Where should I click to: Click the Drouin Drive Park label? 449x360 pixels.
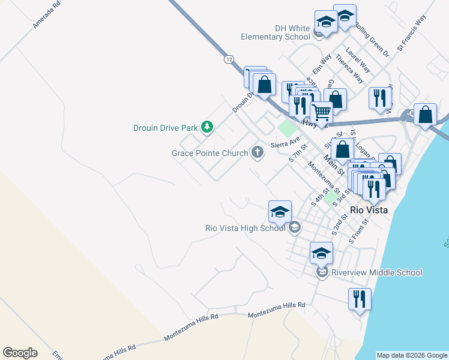pyautogui.click(x=166, y=127)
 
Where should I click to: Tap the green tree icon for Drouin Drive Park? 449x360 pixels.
pyautogui.click(x=207, y=127)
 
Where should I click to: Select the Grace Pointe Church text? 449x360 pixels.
pyautogui.click(x=209, y=153)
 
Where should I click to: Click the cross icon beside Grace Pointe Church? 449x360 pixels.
pyautogui.click(x=258, y=152)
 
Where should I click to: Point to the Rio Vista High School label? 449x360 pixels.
pyautogui.click(x=245, y=228)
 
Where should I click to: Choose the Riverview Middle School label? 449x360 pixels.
pyautogui.click(x=376, y=272)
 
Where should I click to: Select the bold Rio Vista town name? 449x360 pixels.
pyautogui.click(x=369, y=211)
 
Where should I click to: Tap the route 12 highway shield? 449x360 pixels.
pyautogui.click(x=229, y=59)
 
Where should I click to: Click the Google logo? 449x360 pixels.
pyautogui.click(x=20, y=353)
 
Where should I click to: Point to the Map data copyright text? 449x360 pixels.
pyautogui.click(x=411, y=355)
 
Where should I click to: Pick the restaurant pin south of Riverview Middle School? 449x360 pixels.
pyautogui.click(x=360, y=298)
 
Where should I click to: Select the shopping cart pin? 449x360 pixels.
pyautogui.click(x=321, y=112)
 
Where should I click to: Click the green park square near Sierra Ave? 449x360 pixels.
pyautogui.click(x=288, y=128)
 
